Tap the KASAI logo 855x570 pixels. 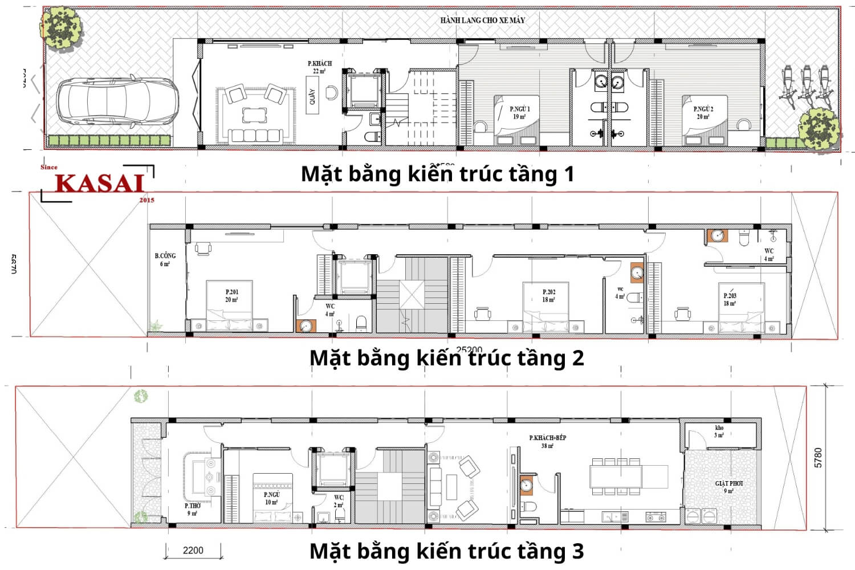(99, 184)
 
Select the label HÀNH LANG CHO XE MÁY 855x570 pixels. (482, 20)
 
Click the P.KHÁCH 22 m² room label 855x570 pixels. (319, 67)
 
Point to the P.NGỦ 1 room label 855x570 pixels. (519, 112)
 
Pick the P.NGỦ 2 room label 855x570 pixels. (703, 112)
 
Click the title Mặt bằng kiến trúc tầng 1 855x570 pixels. (437, 174)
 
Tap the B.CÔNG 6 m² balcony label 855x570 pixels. (165, 259)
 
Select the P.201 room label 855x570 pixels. (231, 295)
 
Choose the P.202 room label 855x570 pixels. (548, 295)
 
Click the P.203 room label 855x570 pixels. (730, 299)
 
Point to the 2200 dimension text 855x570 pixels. (193, 550)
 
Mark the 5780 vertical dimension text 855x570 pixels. (818, 458)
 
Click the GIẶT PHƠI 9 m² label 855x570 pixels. (728, 487)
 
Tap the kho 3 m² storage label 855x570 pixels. (719, 431)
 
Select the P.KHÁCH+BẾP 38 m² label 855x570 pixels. (547, 442)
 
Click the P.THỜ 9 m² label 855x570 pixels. (193, 509)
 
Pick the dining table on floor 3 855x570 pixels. (615, 475)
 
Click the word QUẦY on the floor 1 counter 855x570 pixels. (312, 97)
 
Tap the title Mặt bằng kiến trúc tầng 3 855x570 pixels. (446, 551)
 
